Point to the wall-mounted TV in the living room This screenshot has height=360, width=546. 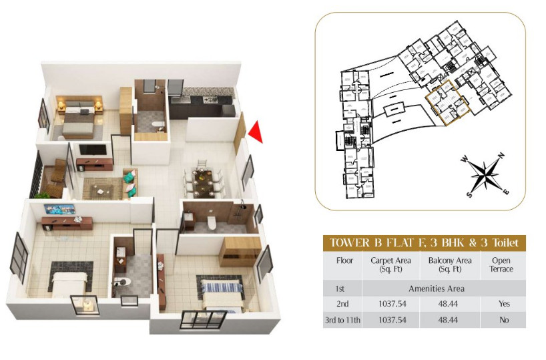coord(93,150)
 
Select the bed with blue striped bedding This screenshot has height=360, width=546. coord(220,292)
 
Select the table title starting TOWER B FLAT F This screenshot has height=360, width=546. coord(425,242)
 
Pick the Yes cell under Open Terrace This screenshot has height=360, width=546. coord(503,304)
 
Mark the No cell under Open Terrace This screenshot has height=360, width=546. coord(503,320)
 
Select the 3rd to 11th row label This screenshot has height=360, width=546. coord(344,320)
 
